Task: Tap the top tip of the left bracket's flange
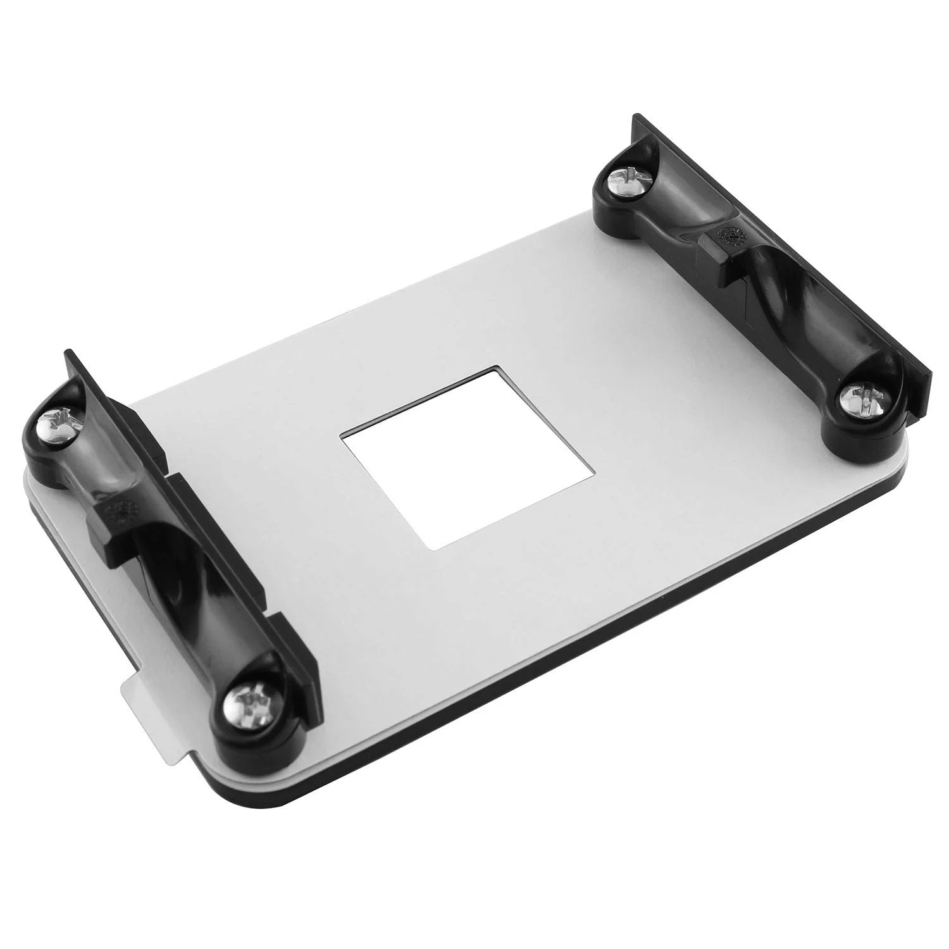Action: [67, 352]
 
